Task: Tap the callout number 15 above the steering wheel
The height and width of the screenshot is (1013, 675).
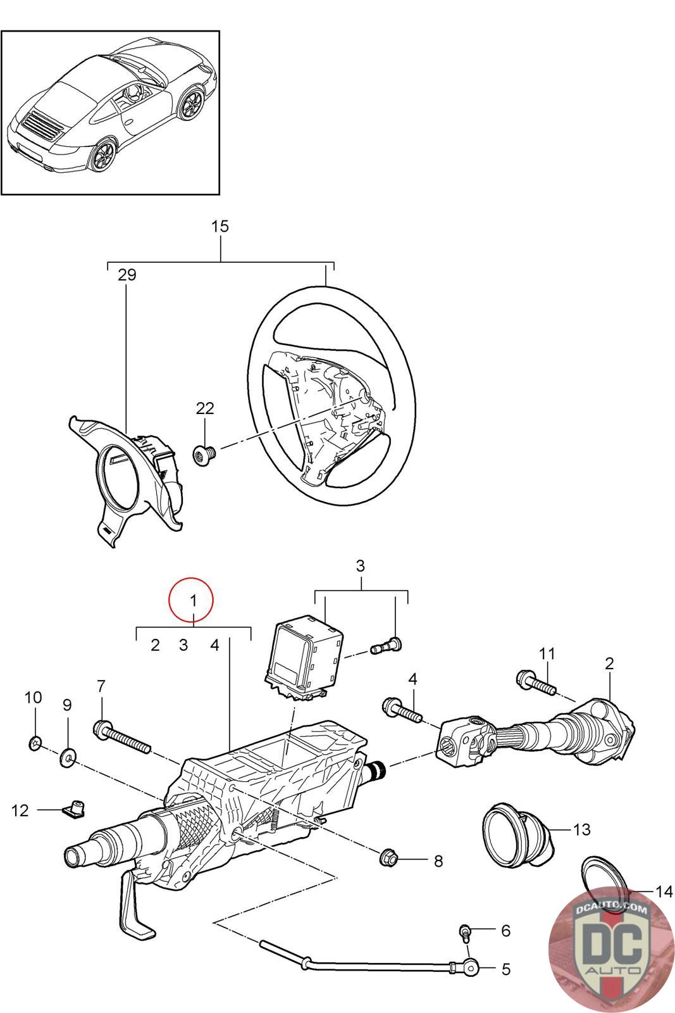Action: (x=220, y=227)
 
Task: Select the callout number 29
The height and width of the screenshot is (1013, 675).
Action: (x=127, y=275)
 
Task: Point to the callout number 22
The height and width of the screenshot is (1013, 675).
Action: (x=205, y=408)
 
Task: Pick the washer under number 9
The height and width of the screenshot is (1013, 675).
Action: (x=68, y=757)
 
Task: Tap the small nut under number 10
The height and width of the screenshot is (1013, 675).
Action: (x=35, y=743)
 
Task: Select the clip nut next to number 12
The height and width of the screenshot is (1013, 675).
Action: (x=74, y=809)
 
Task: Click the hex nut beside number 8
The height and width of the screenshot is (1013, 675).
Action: (x=387, y=859)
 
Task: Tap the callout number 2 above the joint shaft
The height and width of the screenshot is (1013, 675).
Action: (x=609, y=664)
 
